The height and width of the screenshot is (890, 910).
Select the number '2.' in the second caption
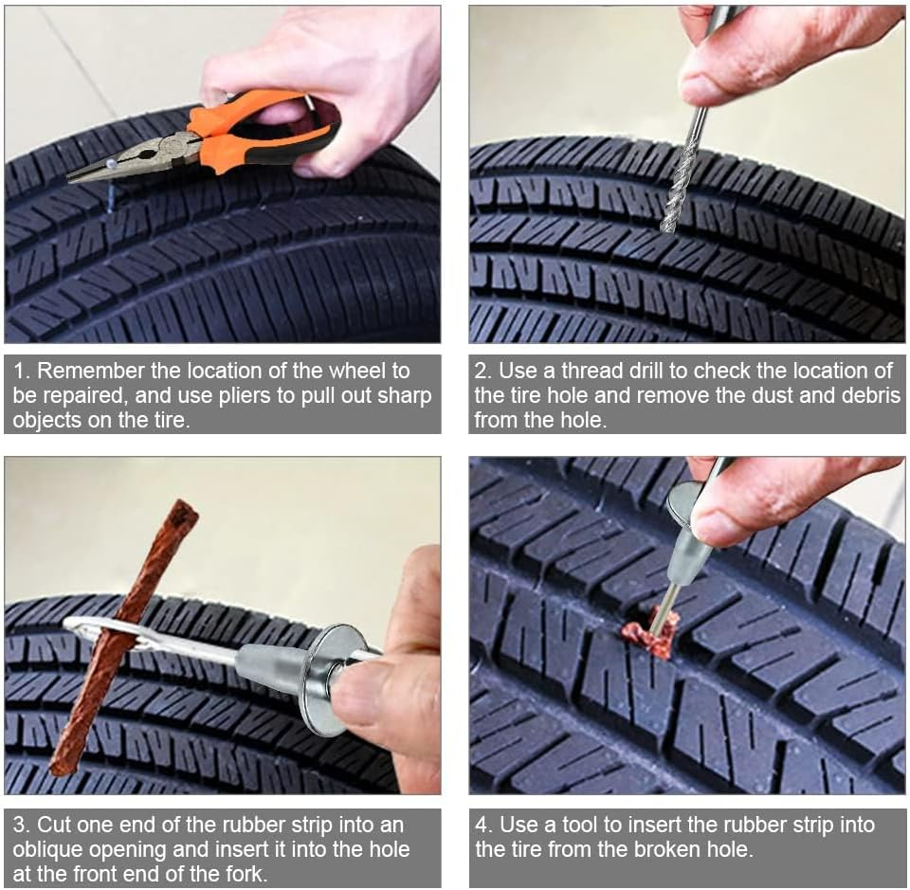click(483, 371)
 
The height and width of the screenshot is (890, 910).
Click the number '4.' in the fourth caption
click(483, 825)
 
